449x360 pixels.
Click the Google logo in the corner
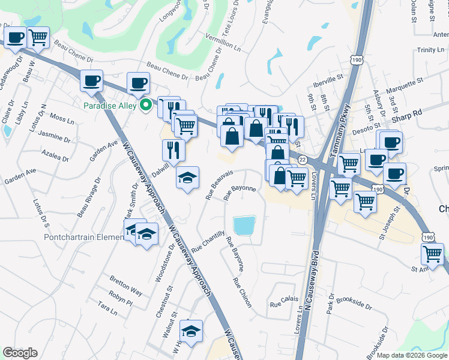(x=20, y=353)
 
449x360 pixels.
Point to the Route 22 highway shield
(x=303, y=158)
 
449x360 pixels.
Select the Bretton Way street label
(x=126, y=285)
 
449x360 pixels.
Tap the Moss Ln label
(x=61, y=118)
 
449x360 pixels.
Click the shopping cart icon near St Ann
(x=432, y=253)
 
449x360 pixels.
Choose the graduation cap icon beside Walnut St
(x=190, y=330)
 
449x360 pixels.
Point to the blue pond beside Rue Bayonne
(x=244, y=226)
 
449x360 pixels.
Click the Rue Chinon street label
(x=242, y=293)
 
